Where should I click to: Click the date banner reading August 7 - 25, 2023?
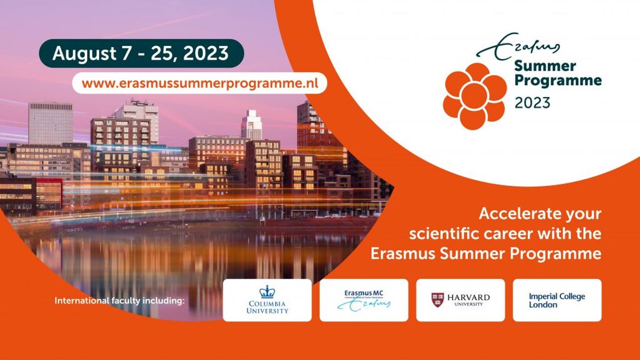pos(141,53)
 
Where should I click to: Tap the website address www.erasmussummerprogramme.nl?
pos(200,83)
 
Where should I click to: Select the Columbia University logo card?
pos(267,300)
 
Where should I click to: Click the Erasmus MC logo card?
pos(364,300)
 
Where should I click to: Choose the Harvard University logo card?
pos(460,300)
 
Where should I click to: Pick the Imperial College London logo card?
pos(557,300)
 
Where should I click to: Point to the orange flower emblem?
pos(474,96)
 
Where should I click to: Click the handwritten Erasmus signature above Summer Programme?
pos(518,45)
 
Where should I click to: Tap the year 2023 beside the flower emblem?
pos(532,102)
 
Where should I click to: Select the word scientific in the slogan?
pos(444,234)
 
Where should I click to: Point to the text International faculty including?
pos(119,301)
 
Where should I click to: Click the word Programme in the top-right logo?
pos(558,81)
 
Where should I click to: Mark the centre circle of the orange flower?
pos(474,96)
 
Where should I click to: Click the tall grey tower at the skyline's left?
pos(51,123)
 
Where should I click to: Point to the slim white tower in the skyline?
pos(251,124)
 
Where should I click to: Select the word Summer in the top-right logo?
pos(545,66)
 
